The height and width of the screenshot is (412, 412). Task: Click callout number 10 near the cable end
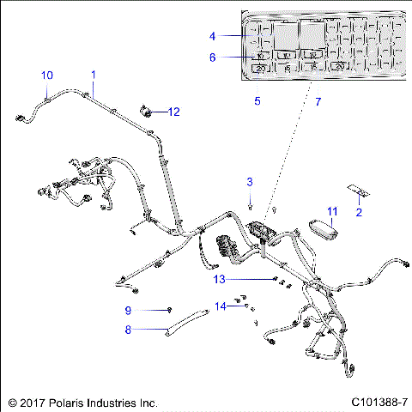[x=47, y=75]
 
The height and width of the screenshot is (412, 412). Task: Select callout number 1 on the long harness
[x=93, y=75]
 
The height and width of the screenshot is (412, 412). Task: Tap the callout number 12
[x=174, y=112]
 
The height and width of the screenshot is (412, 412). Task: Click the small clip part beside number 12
[x=146, y=112]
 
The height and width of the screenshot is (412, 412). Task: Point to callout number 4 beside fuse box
[x=212, y=36]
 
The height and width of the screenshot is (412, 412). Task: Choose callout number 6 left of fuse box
[x=212, y=58]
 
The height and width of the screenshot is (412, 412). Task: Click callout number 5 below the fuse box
[x=257, y=101]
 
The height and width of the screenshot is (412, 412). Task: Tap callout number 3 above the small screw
[x=250, y=181]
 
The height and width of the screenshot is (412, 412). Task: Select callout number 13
[x=219, y=279]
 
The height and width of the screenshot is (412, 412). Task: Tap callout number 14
[x=221, y=306]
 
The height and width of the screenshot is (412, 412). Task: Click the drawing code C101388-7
[x=378, y=401]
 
